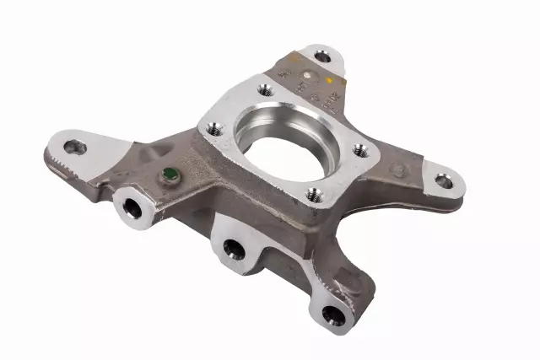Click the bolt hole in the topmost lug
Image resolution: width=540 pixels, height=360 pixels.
[x=322, y=56]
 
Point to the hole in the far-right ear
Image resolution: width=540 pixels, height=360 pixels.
[x=443, y=179]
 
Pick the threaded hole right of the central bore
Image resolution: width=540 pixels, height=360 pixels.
[x=360, y=150]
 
